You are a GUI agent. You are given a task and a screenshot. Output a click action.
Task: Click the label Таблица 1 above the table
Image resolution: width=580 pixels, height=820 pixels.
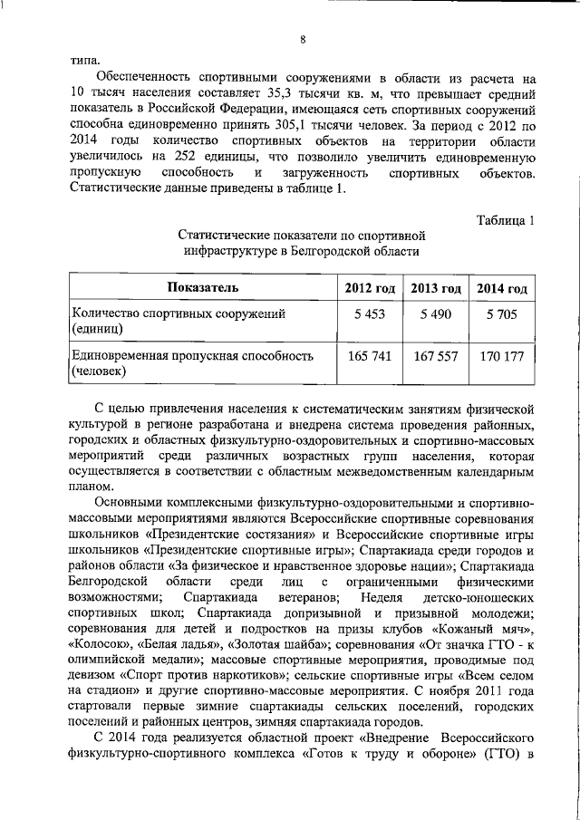click(x=506, y=217)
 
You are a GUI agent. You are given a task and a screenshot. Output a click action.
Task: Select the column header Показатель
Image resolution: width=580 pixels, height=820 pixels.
click(x=202, y=288)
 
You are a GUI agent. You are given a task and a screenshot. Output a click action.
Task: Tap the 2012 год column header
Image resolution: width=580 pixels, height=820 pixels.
click(x=370, y=288)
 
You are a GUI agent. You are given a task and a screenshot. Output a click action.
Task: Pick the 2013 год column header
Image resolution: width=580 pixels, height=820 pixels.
click(x=436, y=288)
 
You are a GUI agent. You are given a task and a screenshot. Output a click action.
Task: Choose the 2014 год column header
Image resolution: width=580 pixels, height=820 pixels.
click(x=502, y=288)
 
